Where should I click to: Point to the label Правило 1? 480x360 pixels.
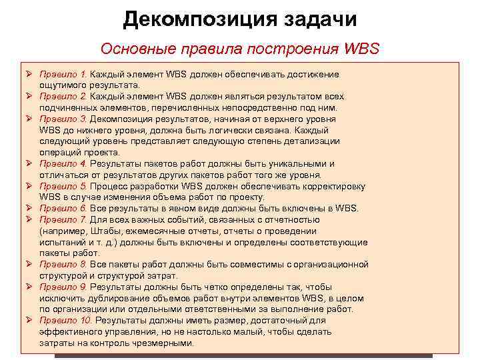pyautogui.click(x=63, y=74)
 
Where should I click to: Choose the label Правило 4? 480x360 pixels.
pyautogui.click(x=63, y=163)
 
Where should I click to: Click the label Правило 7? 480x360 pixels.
pyautogui.click(x=63, y=219)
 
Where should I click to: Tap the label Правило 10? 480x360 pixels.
pyautogui.click(x=65, y=321)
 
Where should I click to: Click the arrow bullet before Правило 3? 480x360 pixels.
pyautogui.click(x=30, y=119)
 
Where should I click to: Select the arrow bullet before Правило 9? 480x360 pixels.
pyautogui.click(x=30, y=287)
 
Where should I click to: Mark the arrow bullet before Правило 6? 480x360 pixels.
pyautogui.click(x=30, y=208)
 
